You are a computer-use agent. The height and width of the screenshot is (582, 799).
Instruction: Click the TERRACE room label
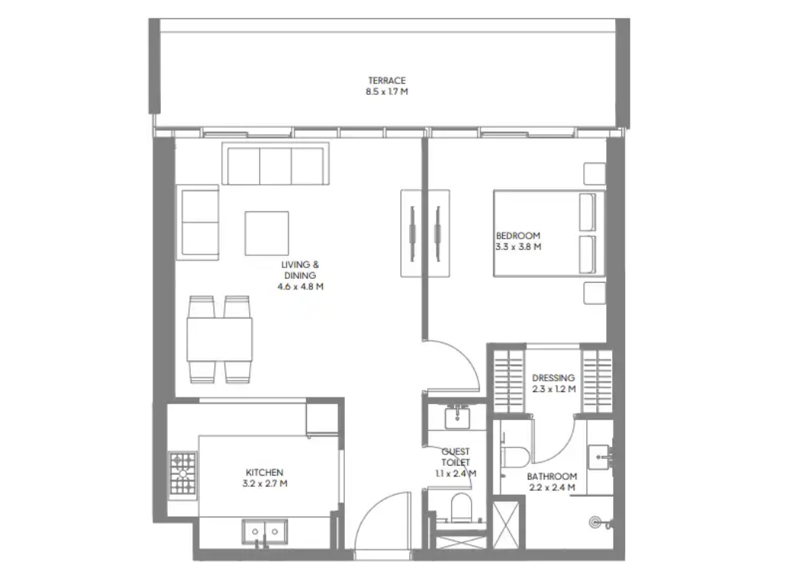(387, 81)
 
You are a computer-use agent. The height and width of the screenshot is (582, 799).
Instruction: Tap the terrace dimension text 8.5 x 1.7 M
(387, 92)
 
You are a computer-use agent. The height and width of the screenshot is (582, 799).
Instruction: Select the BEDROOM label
(518, 236)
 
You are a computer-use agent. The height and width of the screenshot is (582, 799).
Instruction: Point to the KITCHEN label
(264, 473)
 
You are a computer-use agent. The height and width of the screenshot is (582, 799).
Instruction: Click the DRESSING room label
(554, 378)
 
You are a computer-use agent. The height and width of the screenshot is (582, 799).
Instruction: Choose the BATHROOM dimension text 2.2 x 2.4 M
(552, 488)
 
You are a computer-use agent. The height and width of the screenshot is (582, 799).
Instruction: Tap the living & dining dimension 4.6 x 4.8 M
(300, 287)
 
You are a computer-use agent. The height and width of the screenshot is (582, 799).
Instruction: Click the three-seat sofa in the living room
(275, 163)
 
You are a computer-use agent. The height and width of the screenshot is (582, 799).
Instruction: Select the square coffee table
(267, 233)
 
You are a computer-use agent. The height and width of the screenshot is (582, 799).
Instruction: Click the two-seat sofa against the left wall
(197, 222)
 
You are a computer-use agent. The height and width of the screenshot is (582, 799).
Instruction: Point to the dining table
(219, 339)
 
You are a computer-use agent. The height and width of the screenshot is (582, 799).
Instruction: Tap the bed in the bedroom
(549, 233)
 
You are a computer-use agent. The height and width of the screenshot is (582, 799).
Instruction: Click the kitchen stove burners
(182, 473)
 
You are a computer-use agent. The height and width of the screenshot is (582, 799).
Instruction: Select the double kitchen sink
(264, 532)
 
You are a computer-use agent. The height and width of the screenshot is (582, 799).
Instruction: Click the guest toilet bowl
(463, 508)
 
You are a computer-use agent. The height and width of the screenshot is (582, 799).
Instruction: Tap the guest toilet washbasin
(458, 417)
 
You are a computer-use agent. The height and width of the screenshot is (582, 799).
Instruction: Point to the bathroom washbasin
(600, 457)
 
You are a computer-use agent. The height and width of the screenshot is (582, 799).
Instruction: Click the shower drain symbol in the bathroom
(595, 523)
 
